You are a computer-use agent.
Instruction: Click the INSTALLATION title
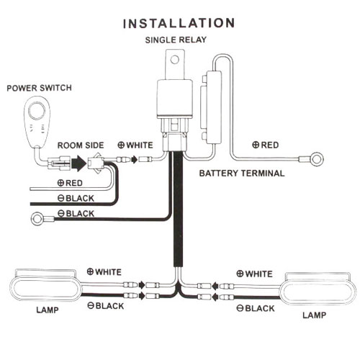pyautogui.click(x=179, y=24)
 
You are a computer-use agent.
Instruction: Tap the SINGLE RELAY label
pyautogui.click(x=176, y=40)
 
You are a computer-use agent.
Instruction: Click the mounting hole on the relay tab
pyautogui.click(x=175, y=60)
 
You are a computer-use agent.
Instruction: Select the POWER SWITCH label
pyautogui.click(x=39, y=88)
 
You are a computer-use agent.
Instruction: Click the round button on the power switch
pyautogui.click(x=37, y=111)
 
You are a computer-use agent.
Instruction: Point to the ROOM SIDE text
pyautogui.click(x=81, y=145)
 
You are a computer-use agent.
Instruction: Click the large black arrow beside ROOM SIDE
pyautogui.click(x=78, y=163)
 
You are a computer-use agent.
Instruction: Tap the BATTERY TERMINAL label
pyautogui.click(x=242, y=174)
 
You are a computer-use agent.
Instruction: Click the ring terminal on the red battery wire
pyautogui.click(x=317, y=159)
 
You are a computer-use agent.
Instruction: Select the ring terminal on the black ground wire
pyautogui.click(x=37, y=219)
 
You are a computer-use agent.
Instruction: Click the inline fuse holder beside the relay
pyautogui.click(x=211, y=107)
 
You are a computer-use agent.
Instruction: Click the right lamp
pyautogui.click(x=318, y=290)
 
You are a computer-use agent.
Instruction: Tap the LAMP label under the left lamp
pyautogui.click(x=48, y=310)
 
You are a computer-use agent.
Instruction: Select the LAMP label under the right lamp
pyautogui.click(x=314, y=315)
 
